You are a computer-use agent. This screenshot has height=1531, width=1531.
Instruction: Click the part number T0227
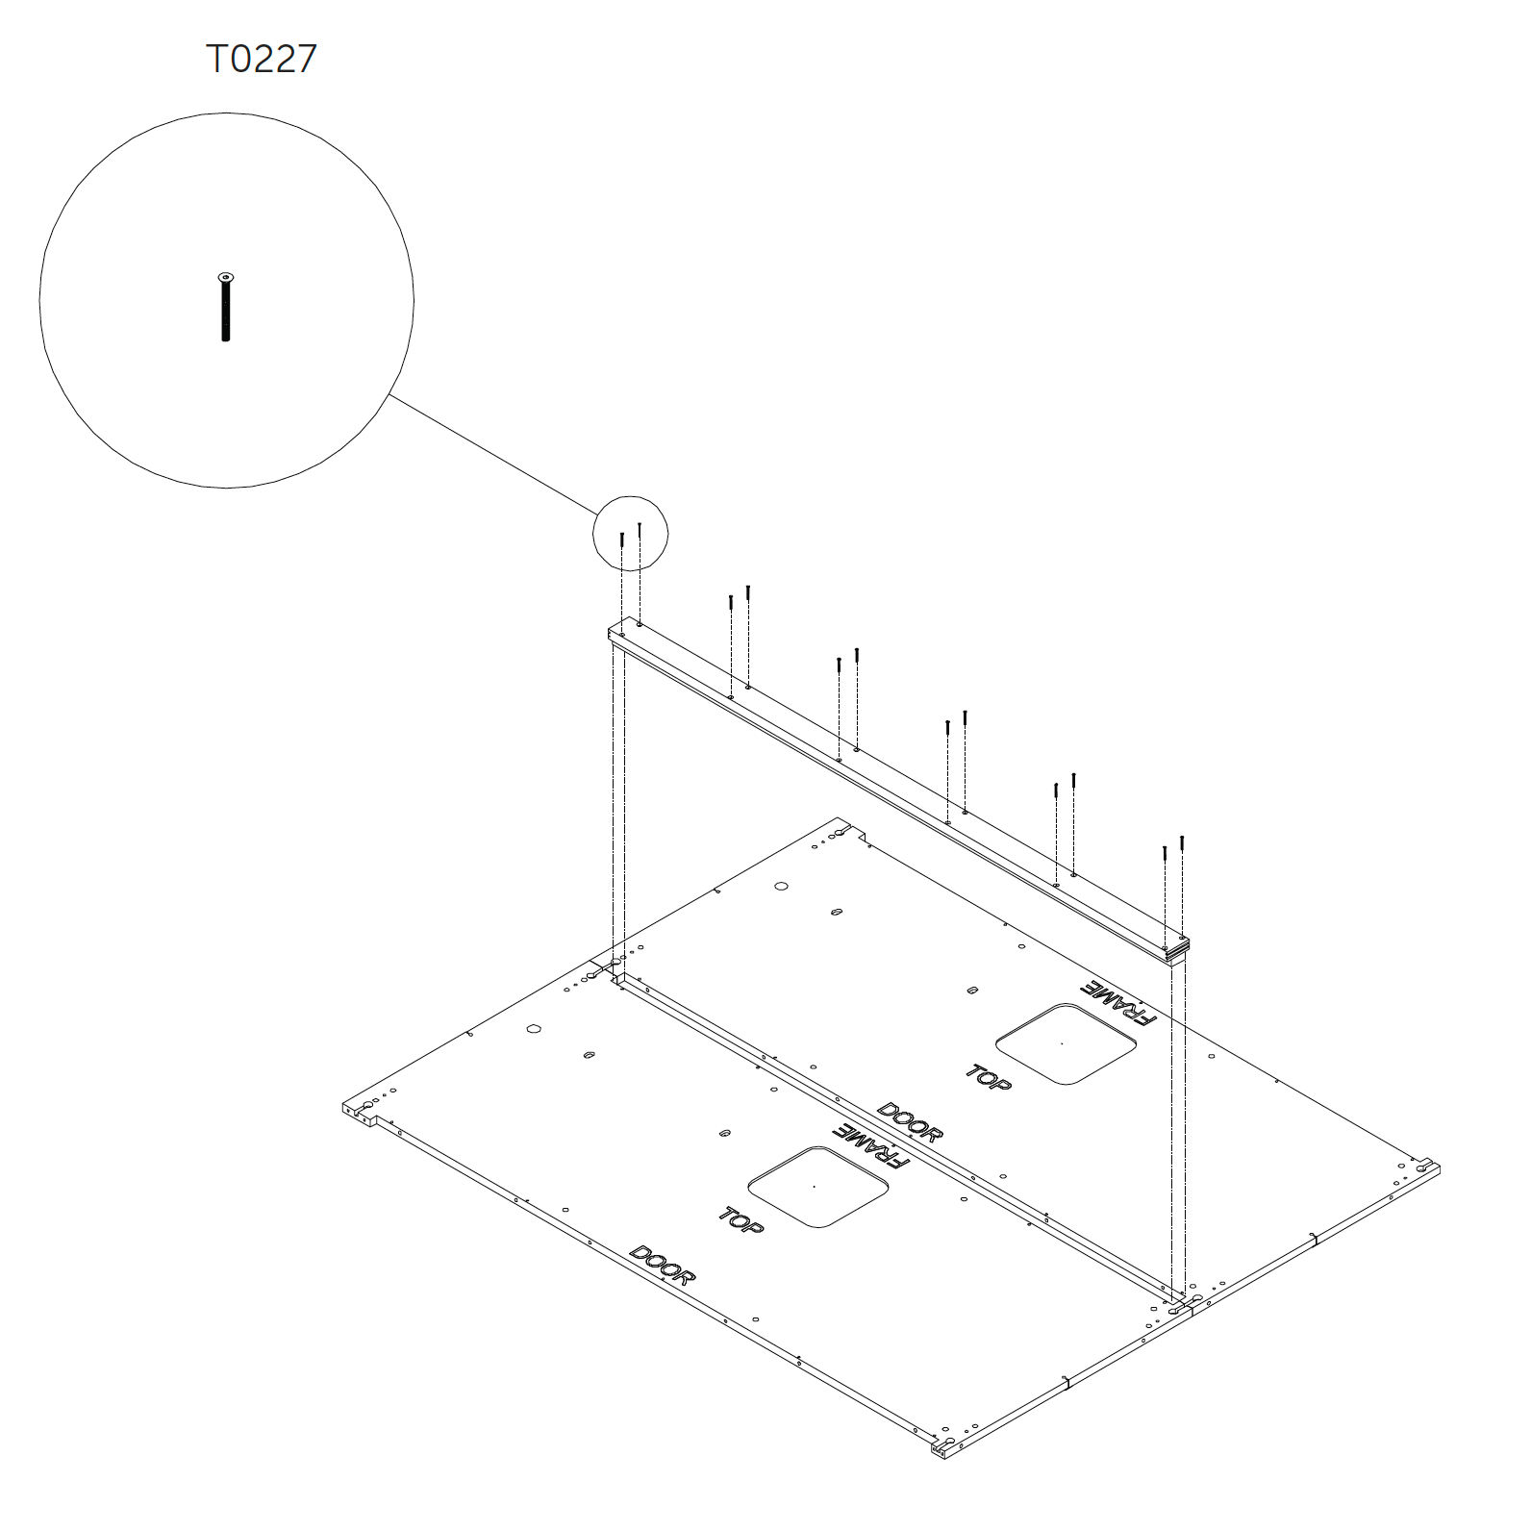(x=262, y=59)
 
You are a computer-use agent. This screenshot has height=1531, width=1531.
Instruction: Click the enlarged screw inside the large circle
(x=226, y=307)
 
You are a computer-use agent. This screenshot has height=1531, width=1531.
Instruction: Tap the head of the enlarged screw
(x=226, y=277)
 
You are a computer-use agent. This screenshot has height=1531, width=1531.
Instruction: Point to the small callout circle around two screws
(x=630, y=497)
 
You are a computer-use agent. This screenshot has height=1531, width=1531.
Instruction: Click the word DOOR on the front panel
(x=662, y=1266)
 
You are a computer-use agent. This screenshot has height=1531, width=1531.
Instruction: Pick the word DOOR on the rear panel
(x=910, y=1122)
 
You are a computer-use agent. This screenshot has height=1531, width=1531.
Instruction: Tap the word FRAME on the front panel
(x=871, y=1145)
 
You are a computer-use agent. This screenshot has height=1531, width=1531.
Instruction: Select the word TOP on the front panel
(x=741, y=1220)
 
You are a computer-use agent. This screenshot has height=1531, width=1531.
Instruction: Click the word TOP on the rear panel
(x=989, y=1078)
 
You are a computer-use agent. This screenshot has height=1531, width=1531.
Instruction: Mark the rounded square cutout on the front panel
(x=817, y=1187)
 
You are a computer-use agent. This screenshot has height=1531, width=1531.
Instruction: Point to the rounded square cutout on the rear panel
(x=1066, y=1044)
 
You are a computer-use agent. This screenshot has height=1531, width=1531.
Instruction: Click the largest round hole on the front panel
(x=534, y=1028)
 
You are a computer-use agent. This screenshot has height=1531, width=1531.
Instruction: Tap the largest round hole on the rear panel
(x=781, y=886)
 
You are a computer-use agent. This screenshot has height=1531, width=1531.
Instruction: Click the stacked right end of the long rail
(x=1177, y=948)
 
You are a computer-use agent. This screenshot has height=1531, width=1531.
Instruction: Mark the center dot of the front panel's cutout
(x=814, y=1186)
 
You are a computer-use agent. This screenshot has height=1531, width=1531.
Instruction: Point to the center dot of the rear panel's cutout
(x=1061, y=1043)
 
